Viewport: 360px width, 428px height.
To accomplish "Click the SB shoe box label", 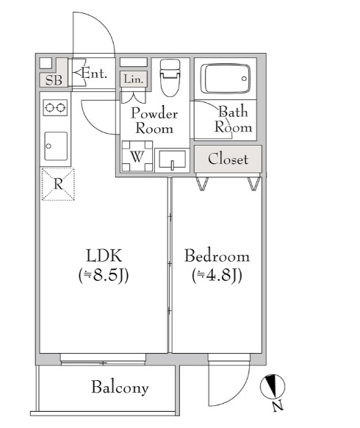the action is point(54,80).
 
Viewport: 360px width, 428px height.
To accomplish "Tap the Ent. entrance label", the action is point(94,73).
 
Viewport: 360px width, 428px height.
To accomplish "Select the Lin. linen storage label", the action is point(134,79).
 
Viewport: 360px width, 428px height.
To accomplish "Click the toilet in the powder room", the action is point(170,78).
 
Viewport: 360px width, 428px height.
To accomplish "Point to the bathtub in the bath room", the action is point(226,79).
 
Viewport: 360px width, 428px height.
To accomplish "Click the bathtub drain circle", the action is point(244,79).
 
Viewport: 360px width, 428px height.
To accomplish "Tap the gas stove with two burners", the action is point(55,107).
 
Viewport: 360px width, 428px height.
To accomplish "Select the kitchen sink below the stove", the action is point(56,146).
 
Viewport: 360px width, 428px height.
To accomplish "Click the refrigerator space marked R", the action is point(58,185).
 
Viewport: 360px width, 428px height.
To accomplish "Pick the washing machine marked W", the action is point(137,156).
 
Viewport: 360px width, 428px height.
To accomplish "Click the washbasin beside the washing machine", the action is point(172,160).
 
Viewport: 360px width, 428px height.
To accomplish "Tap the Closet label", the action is point(228,159).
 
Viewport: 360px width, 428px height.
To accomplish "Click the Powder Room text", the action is point(154,121).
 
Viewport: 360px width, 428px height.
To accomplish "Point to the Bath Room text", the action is point(233,119).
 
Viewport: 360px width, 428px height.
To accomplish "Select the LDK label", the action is point(104,255).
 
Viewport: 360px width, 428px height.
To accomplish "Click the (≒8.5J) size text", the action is point(104,276).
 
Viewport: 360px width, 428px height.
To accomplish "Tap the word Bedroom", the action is point(217,255).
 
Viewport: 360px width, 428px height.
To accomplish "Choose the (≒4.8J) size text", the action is point(217,276).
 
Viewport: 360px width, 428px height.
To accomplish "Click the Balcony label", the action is point(120,388).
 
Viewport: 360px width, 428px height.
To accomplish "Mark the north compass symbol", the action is point(272,387).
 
